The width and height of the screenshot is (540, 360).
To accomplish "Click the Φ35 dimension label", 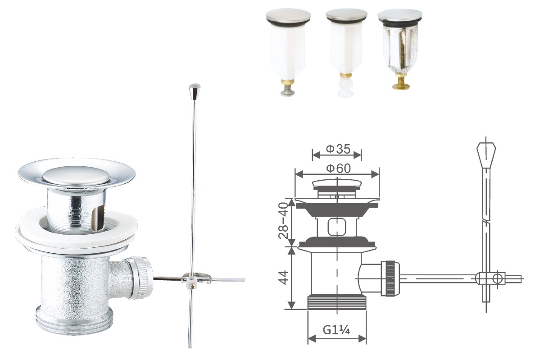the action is point(338,149).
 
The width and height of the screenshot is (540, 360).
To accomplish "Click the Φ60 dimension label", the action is point(338,168).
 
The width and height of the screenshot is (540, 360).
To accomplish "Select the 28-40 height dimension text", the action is point(283,221).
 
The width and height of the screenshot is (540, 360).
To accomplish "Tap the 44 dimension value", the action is point(283,277).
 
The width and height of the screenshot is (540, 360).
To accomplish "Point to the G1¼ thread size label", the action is point(336,330).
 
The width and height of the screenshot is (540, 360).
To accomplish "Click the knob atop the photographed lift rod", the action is point(195,91).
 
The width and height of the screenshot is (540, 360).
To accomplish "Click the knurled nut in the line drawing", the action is point(390,279).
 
